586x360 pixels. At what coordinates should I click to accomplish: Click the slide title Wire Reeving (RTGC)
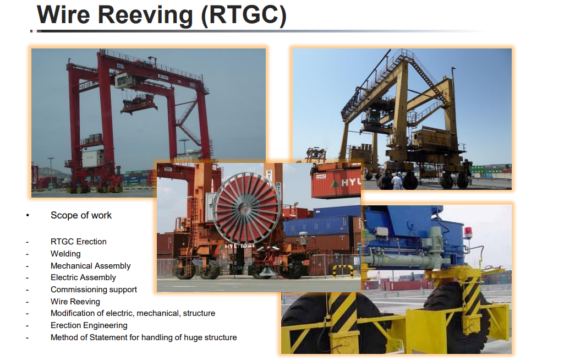[x=161, y=15]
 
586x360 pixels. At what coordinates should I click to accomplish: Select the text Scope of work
[x=81, y=215]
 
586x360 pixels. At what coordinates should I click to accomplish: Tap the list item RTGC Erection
[x=79, y=242]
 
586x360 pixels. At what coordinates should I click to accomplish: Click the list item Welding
[x=65, y=254]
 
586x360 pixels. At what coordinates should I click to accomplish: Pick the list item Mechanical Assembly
[x=90, y=266]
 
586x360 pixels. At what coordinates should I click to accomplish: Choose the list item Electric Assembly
[x=83, y=277]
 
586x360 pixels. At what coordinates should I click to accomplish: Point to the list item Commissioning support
[x=94, y=290]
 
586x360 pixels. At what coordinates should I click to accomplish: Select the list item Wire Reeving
[x=75, y=301]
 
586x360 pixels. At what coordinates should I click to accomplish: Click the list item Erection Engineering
[x=89, y=325]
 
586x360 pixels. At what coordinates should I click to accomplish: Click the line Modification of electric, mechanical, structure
[x=133, y=313]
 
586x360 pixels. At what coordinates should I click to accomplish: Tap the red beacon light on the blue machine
[x=468, y=231]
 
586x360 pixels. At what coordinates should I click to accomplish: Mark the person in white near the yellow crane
[x=397, y=181]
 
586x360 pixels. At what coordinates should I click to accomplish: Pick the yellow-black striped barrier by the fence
[x=343, y=271]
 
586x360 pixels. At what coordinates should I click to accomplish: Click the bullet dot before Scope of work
[x=28, y=215]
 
